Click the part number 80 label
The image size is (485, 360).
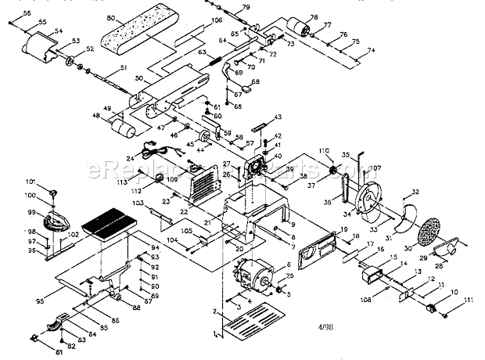(x=110, y=16)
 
